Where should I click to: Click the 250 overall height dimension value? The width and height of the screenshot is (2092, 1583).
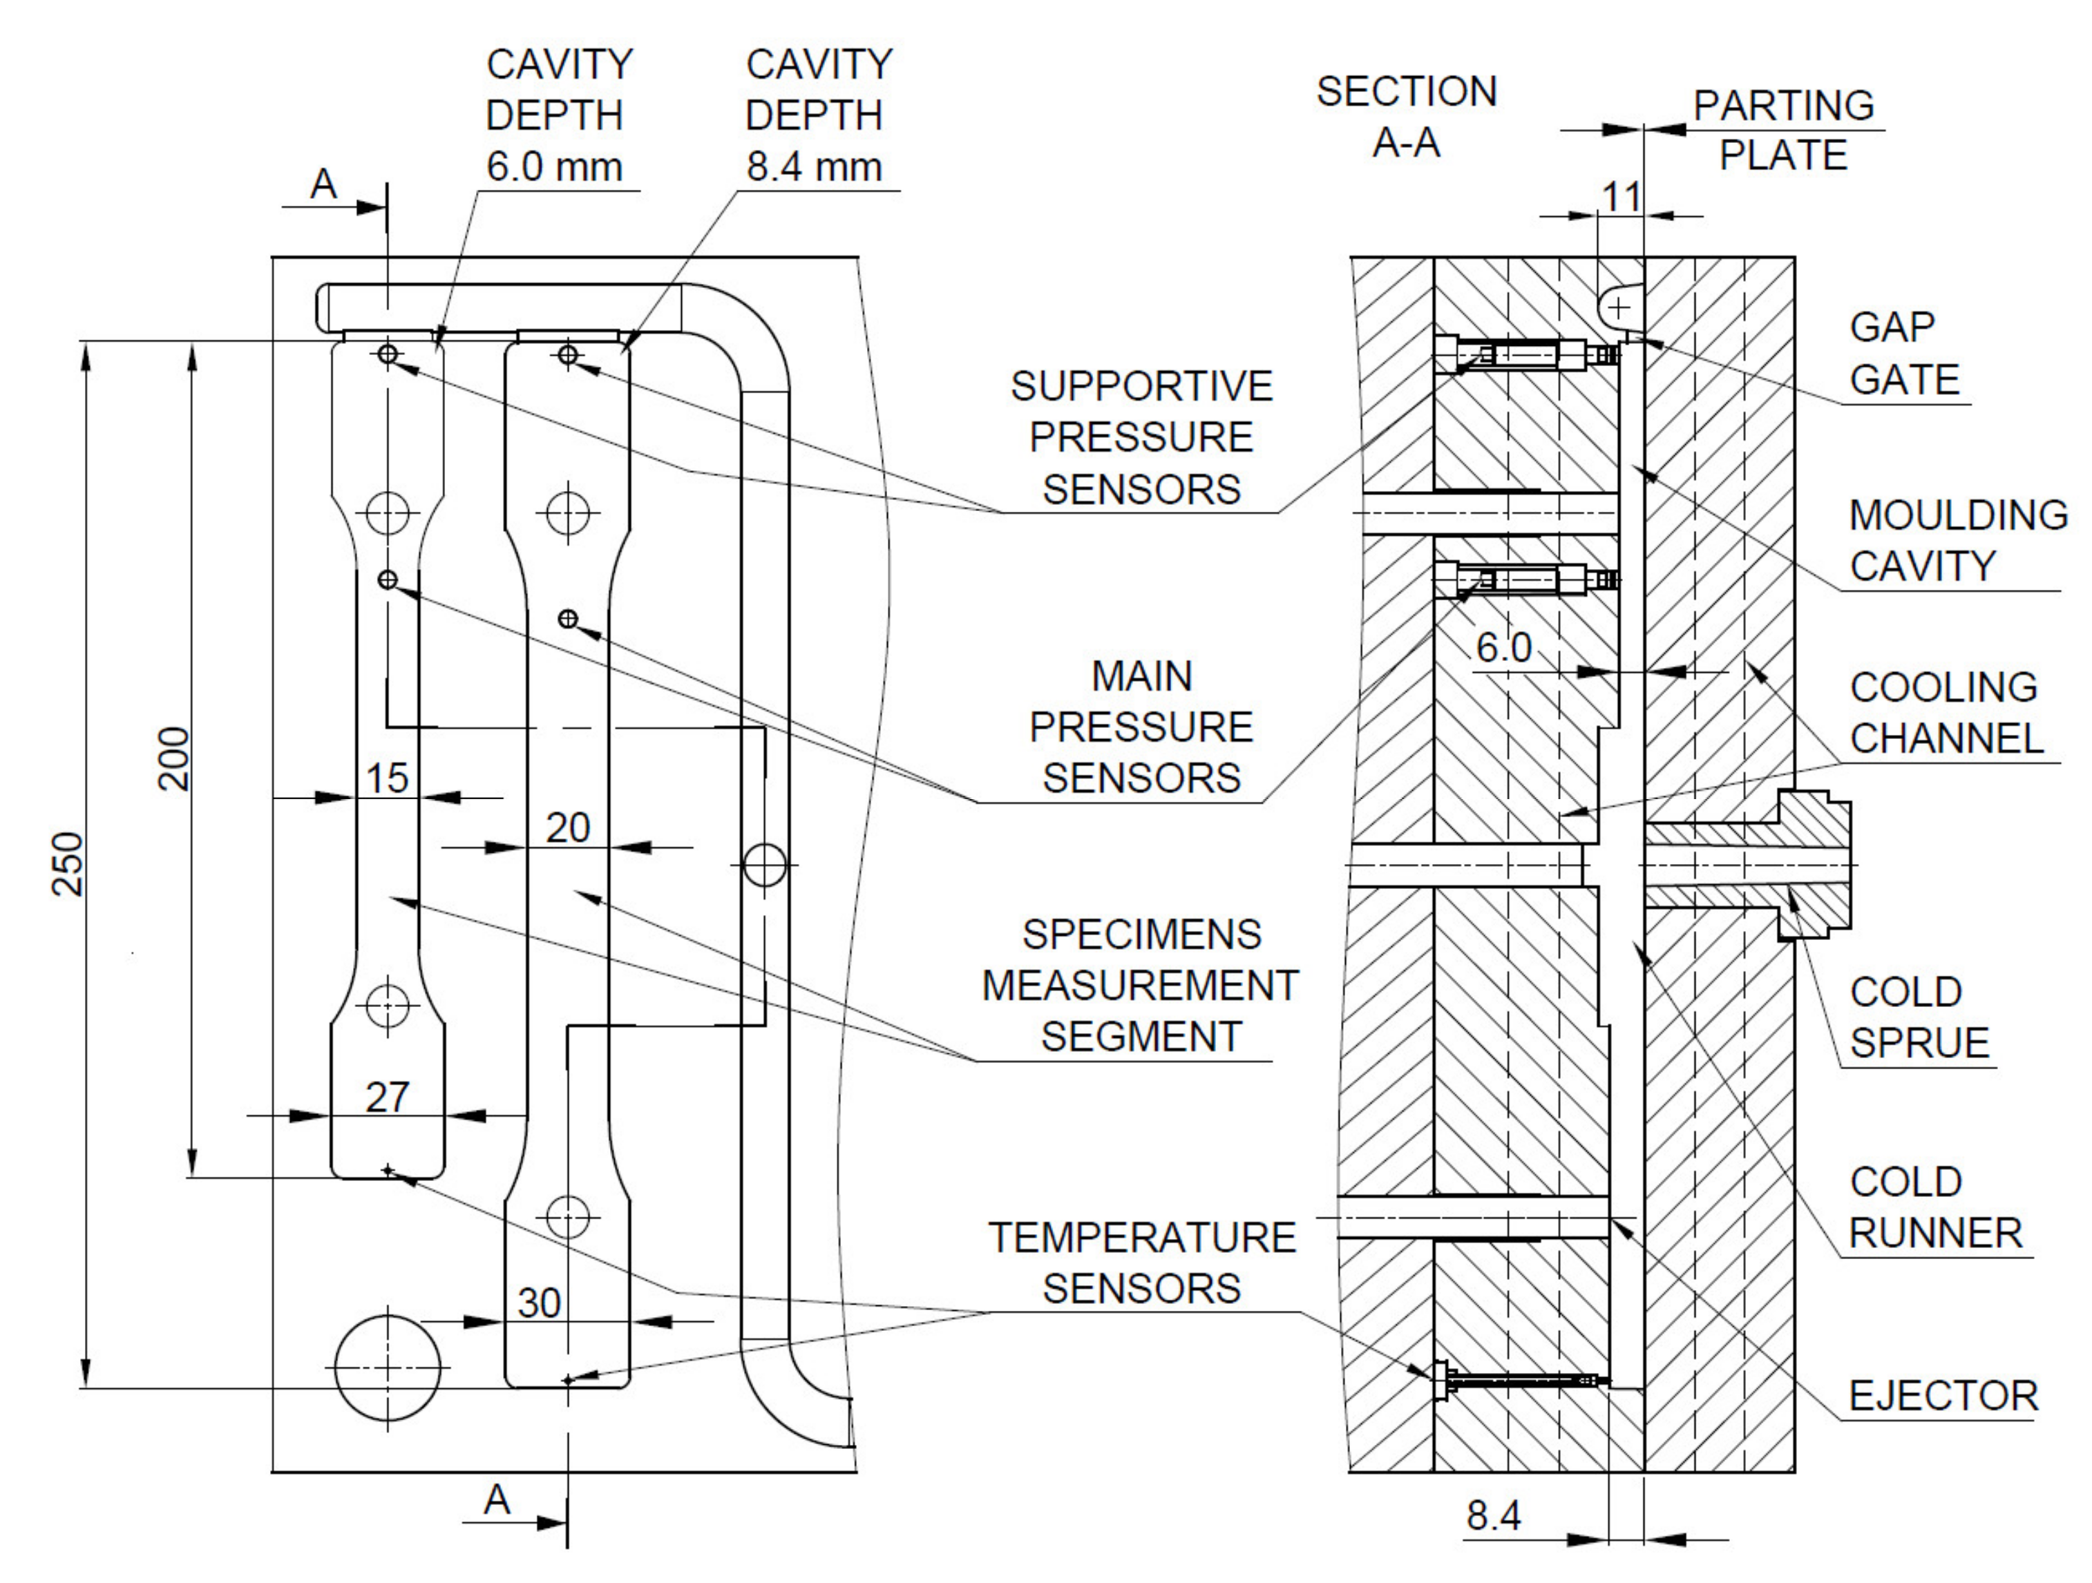coord(68,863)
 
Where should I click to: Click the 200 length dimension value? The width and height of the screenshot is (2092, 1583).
coord(174,758)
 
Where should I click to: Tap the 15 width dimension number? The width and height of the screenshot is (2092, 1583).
coord(387,778)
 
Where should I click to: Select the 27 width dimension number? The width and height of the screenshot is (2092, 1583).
coord(388,1097)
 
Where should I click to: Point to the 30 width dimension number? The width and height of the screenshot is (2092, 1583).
coord(539,1303)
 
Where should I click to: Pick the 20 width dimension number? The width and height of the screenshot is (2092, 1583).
coord(567,828)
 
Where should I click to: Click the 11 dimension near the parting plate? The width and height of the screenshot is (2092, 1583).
coord(1621,197)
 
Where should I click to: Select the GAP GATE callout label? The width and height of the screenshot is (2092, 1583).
coord(1904,353)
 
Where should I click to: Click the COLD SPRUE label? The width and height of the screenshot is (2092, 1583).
coord(1919,1017)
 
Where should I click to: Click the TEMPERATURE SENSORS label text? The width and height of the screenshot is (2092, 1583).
coord(1141,1263)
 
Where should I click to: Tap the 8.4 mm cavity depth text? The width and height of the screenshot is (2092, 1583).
coord(815,166)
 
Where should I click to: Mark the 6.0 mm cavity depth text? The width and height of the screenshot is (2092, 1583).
coord(554,166)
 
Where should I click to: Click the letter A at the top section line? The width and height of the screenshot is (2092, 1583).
coord(323,184)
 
